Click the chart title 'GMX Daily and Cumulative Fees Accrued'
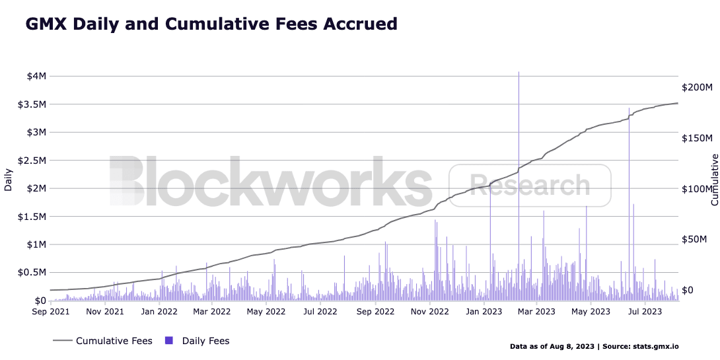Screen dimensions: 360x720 click(x=211, y=24)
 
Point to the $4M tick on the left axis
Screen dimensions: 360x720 click(x=36, y=76)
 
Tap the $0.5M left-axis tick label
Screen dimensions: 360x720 click(x=34, y=273)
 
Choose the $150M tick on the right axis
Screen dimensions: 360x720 click(x=697, y=138)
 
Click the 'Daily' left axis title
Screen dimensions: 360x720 click(x=9, y=179)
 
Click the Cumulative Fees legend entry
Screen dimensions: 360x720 click(x=114, y=341)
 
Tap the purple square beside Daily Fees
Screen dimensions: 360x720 click(x=168, y=341)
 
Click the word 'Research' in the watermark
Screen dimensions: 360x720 click(x=530, y=184)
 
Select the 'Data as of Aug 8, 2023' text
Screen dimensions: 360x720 click(x=552, y=346)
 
